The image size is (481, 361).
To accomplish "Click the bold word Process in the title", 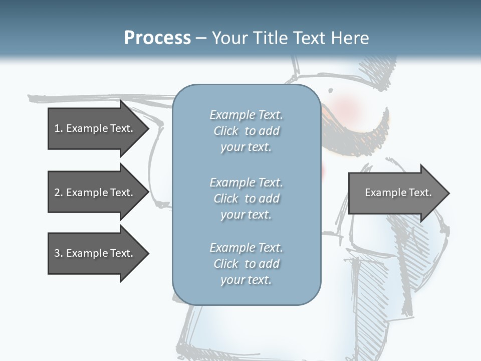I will [x=157, y=38].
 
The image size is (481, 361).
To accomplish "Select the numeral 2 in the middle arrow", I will [x=57, y=193].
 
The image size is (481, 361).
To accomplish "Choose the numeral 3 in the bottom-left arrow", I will [x=57, y=253].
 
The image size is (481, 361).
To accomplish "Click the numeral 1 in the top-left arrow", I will [x=57, y=128].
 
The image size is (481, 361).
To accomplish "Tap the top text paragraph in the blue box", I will [x=246, y=131].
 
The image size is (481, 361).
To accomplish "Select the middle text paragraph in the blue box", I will [x=246, y=199].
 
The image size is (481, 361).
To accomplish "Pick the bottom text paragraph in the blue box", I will [x=246, y=264].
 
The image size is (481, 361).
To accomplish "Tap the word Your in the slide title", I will [x=228, y=38].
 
